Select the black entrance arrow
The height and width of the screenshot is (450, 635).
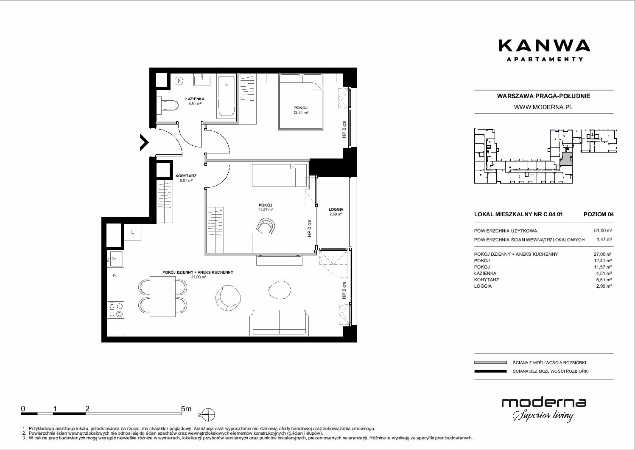144,142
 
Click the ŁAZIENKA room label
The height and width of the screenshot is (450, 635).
195,99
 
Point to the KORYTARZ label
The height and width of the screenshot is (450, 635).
186,176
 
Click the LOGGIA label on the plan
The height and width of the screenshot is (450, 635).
336,209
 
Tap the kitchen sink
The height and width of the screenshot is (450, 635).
115,259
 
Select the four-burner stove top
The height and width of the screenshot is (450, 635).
116,310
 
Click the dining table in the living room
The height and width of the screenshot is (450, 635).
162,297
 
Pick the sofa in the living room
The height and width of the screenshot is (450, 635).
279,323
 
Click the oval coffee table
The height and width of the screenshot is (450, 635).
280,290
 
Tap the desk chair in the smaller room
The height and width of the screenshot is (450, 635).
266,226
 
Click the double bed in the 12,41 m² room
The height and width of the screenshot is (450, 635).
301,102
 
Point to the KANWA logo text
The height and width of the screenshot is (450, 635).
545,45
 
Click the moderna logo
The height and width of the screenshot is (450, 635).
544,410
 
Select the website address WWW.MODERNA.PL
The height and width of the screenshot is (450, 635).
543,107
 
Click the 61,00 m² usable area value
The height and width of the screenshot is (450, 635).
603,231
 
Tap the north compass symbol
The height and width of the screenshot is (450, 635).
208,415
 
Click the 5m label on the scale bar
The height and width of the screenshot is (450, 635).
186,408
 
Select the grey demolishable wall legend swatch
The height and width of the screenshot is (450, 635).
490,362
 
